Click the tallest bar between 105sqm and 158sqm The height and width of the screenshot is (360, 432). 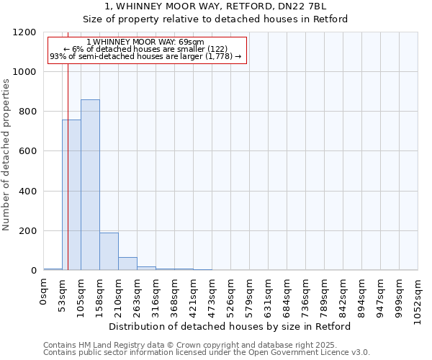(x=90, y=185)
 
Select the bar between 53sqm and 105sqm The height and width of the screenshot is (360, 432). (x=71, y=195)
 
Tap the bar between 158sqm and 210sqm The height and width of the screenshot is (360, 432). (x=109, y=251)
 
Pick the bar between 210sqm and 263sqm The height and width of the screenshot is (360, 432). (x=127, y=264)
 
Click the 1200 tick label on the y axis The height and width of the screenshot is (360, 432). (x=24, y=32)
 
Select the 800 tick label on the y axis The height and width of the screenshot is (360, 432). (x=27, y=112)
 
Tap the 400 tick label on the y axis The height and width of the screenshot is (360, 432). (x=27, y=192)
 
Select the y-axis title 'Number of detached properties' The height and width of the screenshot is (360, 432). (x=6, y=155)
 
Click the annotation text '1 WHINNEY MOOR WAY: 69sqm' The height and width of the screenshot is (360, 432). (x=145, y=42)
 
